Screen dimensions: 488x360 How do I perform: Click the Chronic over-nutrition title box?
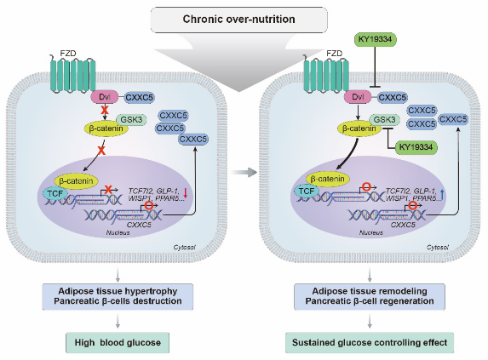tap(239, 20)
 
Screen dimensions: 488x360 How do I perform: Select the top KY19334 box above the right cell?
tap(376, 39)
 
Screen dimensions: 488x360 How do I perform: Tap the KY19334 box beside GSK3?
tap(416, 147)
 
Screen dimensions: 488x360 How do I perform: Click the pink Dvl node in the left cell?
tap(105, 97)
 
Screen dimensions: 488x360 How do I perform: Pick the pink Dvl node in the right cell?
tap(358, 97)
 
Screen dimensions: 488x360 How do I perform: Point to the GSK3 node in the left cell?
tap(131, 120)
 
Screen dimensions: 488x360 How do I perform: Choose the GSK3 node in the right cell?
tap(384, 120)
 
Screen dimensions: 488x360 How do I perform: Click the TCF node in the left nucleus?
tap(55, 194)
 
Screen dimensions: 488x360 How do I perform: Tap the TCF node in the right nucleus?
tap(307, 191)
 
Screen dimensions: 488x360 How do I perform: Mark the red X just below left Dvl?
tap(105, 110)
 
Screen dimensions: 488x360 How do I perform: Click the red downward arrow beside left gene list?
tap(186, 193)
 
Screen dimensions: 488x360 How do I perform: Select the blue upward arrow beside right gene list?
tap(442, 195)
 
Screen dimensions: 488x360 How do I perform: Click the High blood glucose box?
tap(118, 343)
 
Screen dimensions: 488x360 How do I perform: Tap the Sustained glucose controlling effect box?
tap(370, 343)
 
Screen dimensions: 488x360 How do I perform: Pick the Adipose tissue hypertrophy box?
tap(118, 296)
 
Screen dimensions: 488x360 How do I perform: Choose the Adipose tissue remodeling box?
tap(370, 296)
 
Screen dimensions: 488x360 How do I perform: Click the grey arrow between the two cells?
tap(244, 172)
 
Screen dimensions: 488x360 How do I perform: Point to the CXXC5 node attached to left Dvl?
tap(140, 98)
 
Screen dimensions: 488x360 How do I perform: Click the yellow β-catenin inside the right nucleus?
tap(328, 179)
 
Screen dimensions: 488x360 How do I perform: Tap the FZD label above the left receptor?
tap(68, 54)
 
